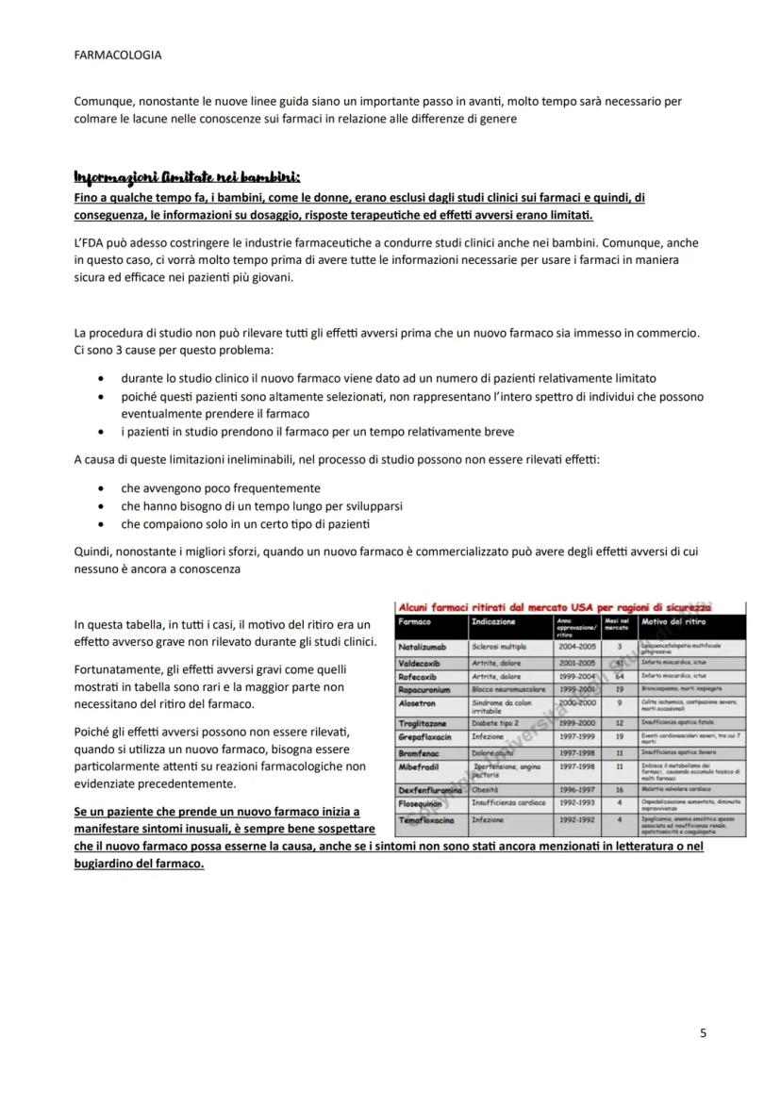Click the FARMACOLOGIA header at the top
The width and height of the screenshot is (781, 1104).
click(117, 55)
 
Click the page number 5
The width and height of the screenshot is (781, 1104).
click(703, 1032)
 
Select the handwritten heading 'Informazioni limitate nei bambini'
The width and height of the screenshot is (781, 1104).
click(187, 177)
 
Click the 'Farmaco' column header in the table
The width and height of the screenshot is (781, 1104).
click(415, 622)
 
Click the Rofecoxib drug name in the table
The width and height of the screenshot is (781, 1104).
click(422, 676)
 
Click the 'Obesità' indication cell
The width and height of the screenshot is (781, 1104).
click(490, 790)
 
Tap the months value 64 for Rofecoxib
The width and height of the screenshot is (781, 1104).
click(620, 676)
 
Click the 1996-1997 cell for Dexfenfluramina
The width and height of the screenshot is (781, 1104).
click(576, 790)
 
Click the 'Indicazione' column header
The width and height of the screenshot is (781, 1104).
click(494, 622)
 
